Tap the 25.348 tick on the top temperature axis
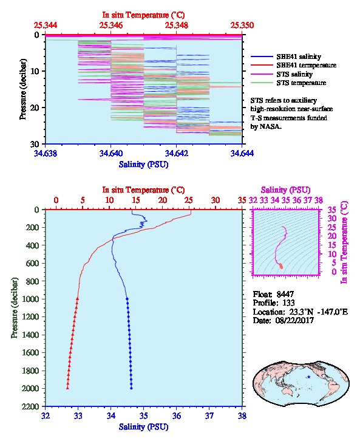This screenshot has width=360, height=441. click(177, 26)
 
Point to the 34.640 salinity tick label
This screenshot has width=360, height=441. click(110, 153)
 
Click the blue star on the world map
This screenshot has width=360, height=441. click(309, 377)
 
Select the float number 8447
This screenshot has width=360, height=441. click(285, 294)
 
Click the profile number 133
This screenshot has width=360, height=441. click(288, 303)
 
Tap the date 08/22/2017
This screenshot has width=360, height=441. click(294, 320)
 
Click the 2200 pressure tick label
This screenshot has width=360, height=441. click(30, 406)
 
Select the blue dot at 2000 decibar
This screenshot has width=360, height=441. click(131, 388)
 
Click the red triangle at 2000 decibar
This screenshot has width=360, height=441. click(67, 388)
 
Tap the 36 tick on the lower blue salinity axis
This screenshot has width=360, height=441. click(177, 415)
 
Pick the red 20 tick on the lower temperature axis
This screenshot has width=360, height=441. click(163, 200)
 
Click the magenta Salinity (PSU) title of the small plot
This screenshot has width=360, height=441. click(285, 190)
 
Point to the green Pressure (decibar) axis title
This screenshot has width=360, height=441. click(15, 308)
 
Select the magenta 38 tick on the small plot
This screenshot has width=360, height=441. click(319, 200)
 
